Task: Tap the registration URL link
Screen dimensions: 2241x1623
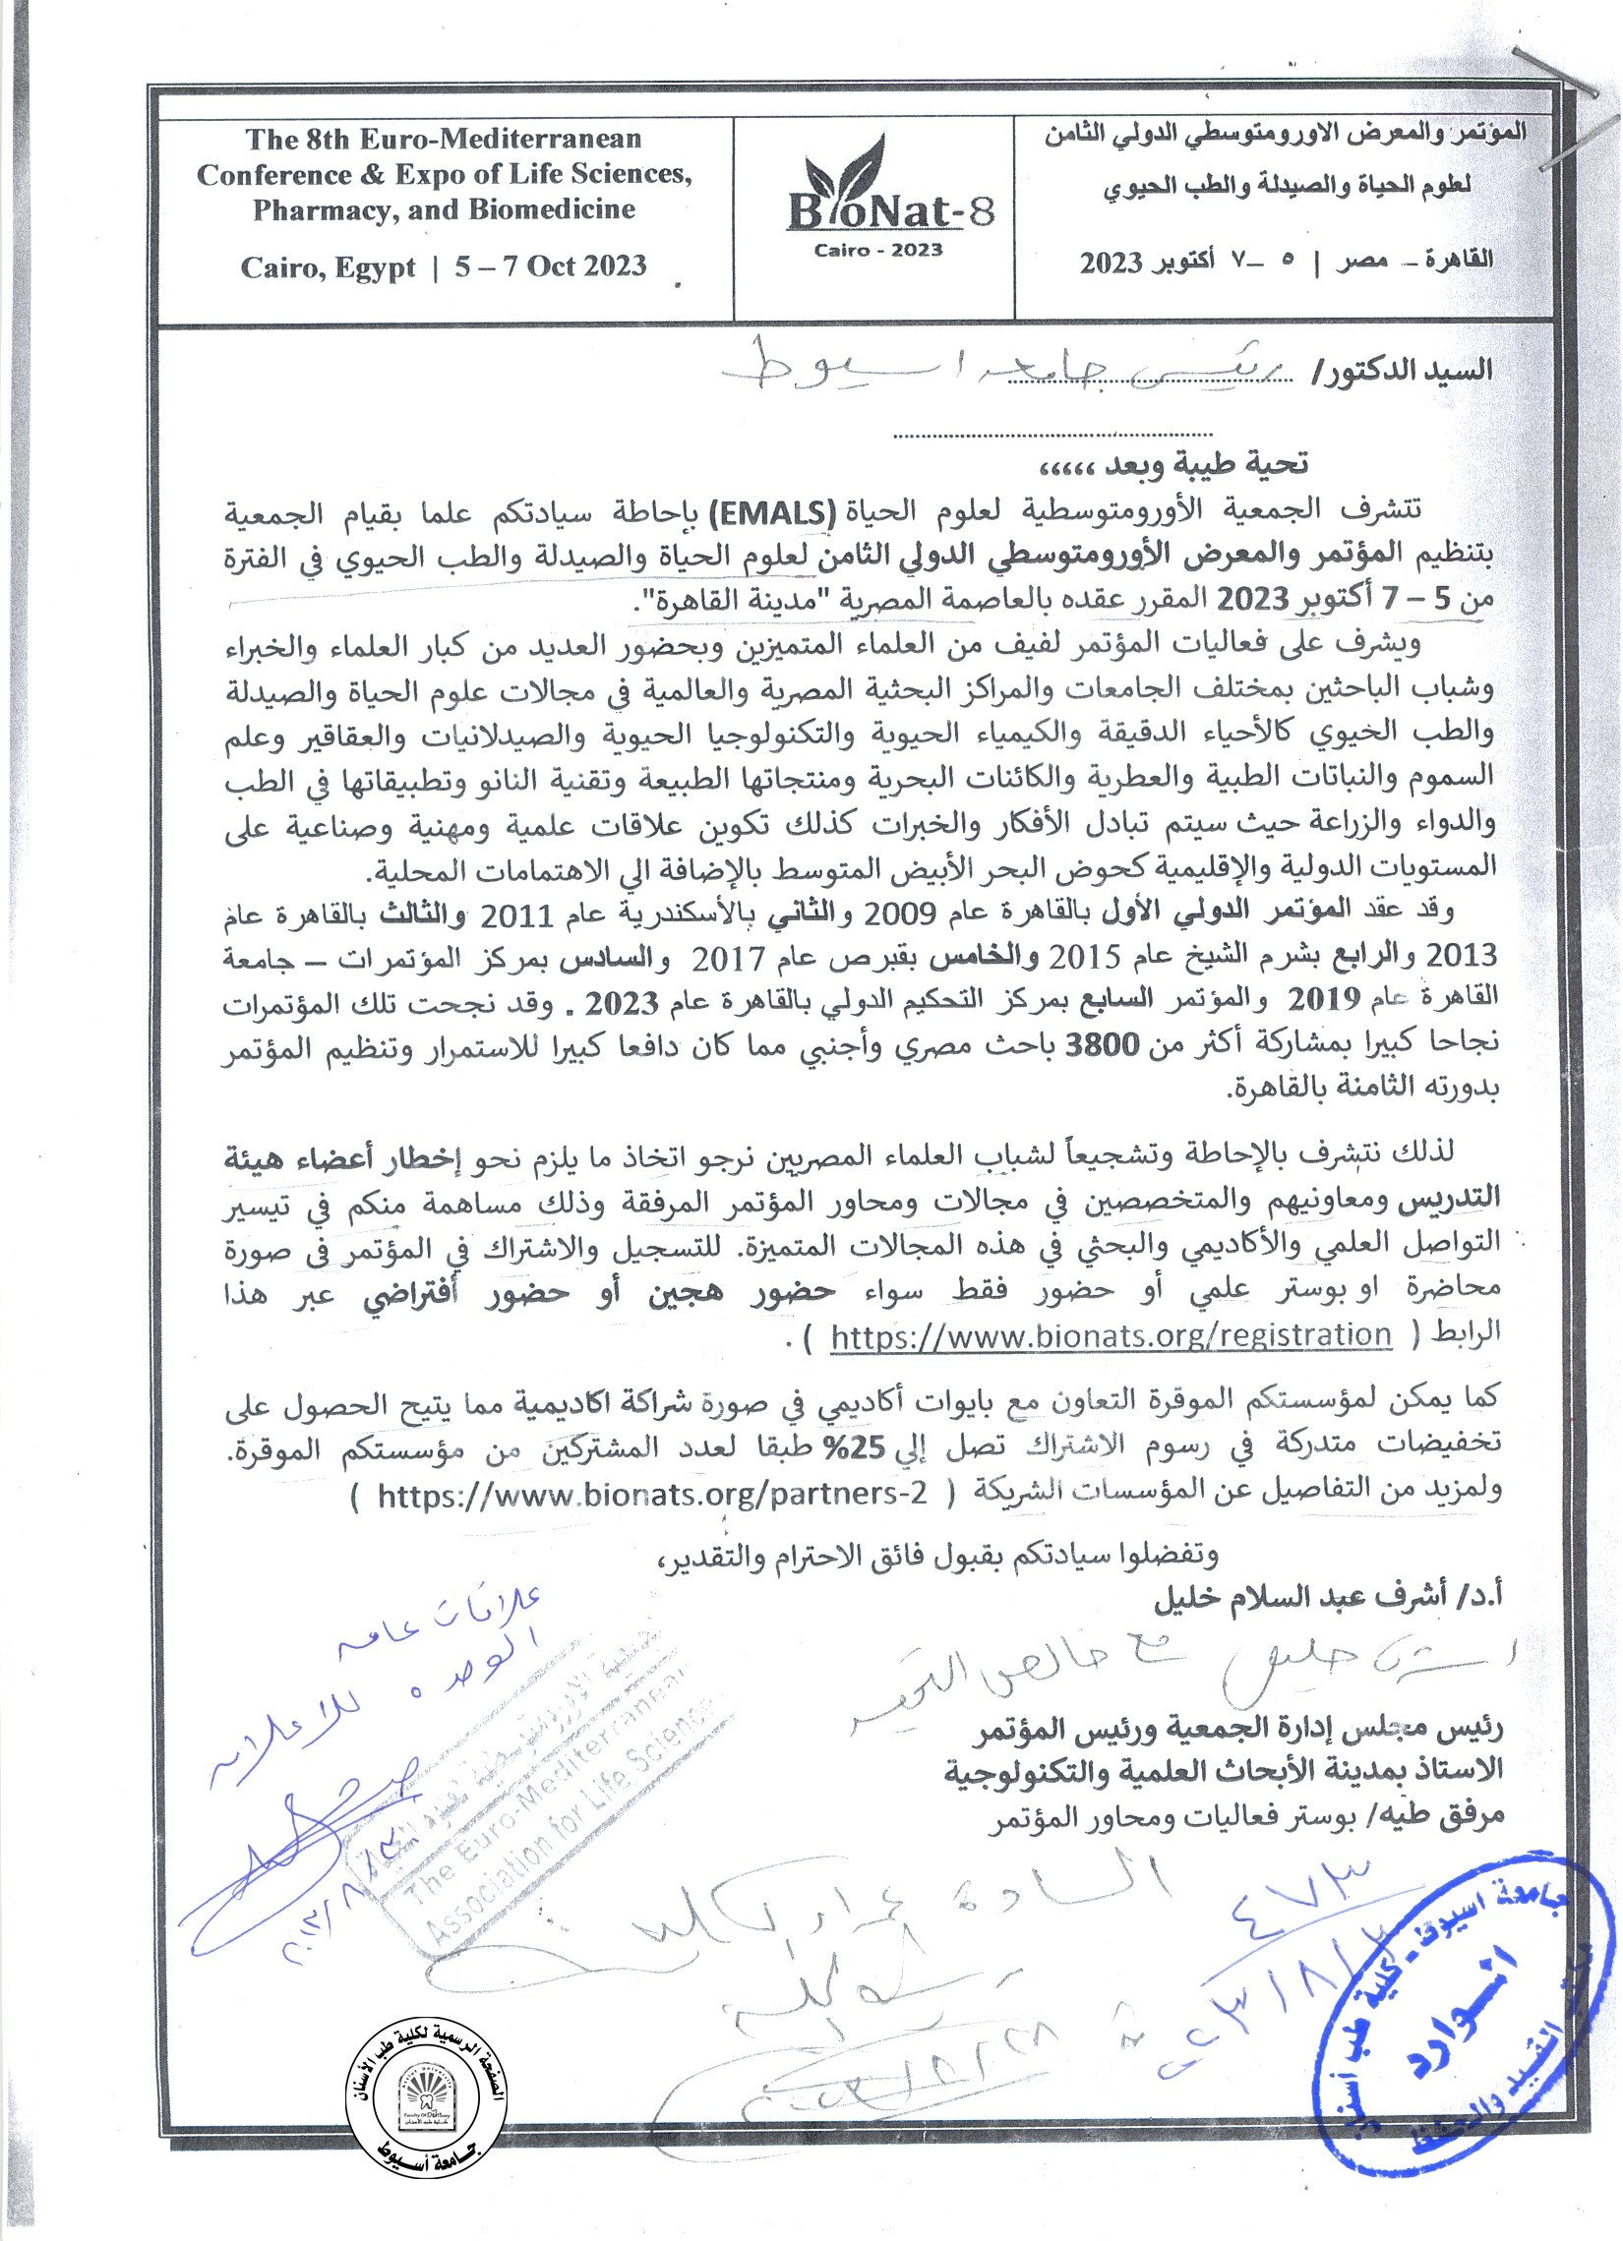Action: [1110, 1335]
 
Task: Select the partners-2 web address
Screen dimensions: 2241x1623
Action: [652, 1494]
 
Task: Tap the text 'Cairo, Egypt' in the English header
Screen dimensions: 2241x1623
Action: [329, 267]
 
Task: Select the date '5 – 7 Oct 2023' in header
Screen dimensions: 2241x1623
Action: [551, 266]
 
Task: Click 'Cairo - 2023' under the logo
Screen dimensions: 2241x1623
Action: [877, 250]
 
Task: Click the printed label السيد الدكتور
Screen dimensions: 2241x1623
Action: [1408, 372]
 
